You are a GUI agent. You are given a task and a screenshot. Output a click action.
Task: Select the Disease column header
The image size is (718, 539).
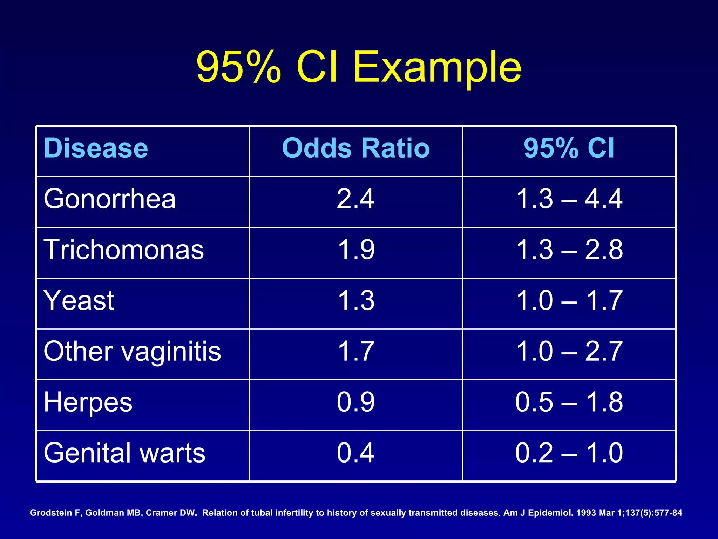pos(96,148)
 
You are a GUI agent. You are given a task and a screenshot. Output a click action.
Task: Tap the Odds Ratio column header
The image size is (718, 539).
pos(355,148)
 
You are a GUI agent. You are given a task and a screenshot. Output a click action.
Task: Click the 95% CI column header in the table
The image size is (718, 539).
pos(569,148)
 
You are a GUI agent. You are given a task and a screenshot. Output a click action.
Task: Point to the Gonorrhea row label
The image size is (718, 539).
pos(109,199)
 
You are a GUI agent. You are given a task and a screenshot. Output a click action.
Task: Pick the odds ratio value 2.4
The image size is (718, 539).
pos(355,199)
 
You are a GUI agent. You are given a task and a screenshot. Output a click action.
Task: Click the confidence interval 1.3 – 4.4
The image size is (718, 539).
pos(569,199)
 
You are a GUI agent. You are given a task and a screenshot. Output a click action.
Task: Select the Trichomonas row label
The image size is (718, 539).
pos(123,249)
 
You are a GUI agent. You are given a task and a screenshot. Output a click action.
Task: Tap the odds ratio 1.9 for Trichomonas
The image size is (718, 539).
pos(356,249)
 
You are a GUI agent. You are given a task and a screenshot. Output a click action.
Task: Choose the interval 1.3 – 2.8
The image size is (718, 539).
pos(569,249)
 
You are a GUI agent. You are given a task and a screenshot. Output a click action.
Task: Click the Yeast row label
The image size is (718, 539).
pos(79,300)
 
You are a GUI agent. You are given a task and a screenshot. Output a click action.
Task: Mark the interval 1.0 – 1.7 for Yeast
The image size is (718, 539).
pos(569,300)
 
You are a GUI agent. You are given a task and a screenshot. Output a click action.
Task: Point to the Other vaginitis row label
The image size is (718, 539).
pos(132,351)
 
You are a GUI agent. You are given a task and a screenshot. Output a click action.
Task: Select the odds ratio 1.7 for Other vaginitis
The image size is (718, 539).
pos(356,351)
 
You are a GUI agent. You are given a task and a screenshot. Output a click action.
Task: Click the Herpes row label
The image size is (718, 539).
pos(88,402)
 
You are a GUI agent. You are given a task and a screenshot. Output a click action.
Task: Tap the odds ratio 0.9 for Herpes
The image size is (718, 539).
pos(355,402)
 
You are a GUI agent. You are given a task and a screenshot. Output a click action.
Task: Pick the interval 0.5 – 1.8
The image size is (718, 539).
pos(569,402)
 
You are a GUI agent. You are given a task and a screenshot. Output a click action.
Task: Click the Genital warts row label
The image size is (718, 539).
pos(124,453)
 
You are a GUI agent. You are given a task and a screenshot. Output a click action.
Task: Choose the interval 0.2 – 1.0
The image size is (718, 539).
pos(569,453)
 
